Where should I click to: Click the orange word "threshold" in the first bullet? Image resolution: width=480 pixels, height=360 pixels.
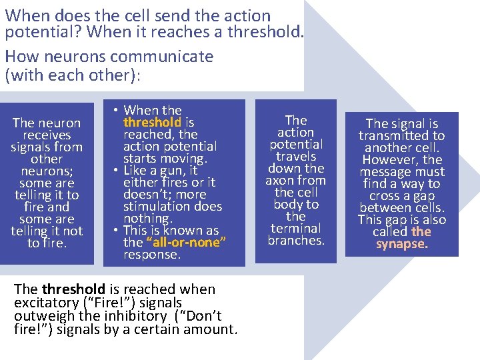[x=152, y=122]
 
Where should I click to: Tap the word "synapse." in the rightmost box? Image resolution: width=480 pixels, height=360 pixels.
[x=402, y=243]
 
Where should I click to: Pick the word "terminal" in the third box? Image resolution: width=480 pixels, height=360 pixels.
[x=295, y=228]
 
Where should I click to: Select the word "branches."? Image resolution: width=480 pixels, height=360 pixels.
[x=295, y=240]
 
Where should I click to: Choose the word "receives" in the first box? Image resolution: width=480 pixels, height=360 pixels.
[x=46, y=135]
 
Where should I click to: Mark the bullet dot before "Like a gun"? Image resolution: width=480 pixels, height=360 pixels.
[x=115, y=171]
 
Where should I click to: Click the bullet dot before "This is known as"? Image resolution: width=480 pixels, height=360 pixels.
[x=115, y=231]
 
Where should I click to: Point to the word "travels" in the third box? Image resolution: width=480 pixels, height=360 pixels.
[x=295, y=156]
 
